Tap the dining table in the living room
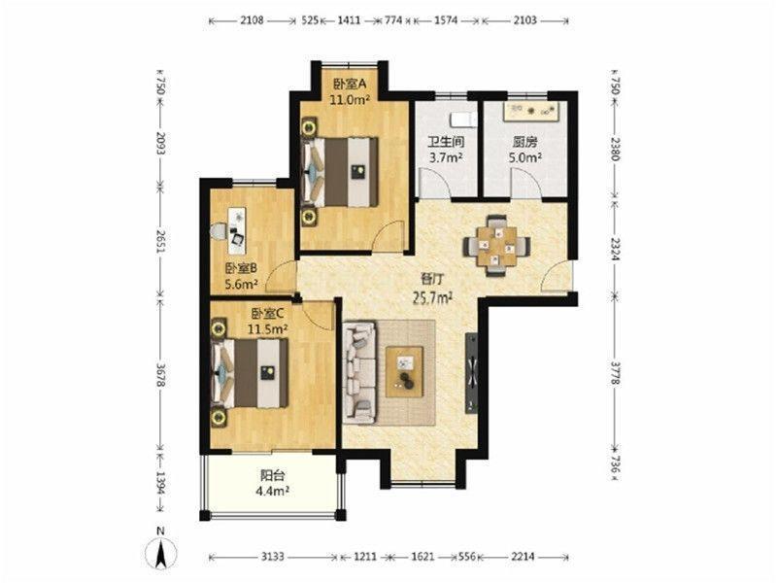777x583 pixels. click(497, 246)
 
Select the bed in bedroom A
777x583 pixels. click(340, 172)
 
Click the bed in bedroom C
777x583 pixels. click(251, 373)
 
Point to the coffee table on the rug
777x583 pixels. click(404, 372)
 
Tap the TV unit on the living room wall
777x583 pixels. click(471, 373)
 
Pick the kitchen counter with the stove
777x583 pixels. click(534, 112)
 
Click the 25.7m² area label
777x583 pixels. click(434, 297)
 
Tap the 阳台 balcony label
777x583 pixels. click(273, 475)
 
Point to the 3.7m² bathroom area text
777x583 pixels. click(446, 157)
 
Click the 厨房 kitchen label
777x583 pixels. click(524, 143)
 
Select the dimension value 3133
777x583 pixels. click(273, 557)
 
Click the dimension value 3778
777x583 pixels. click(615, 373)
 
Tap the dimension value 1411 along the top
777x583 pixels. click(349, 20)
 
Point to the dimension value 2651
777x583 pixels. click(160, 241)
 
